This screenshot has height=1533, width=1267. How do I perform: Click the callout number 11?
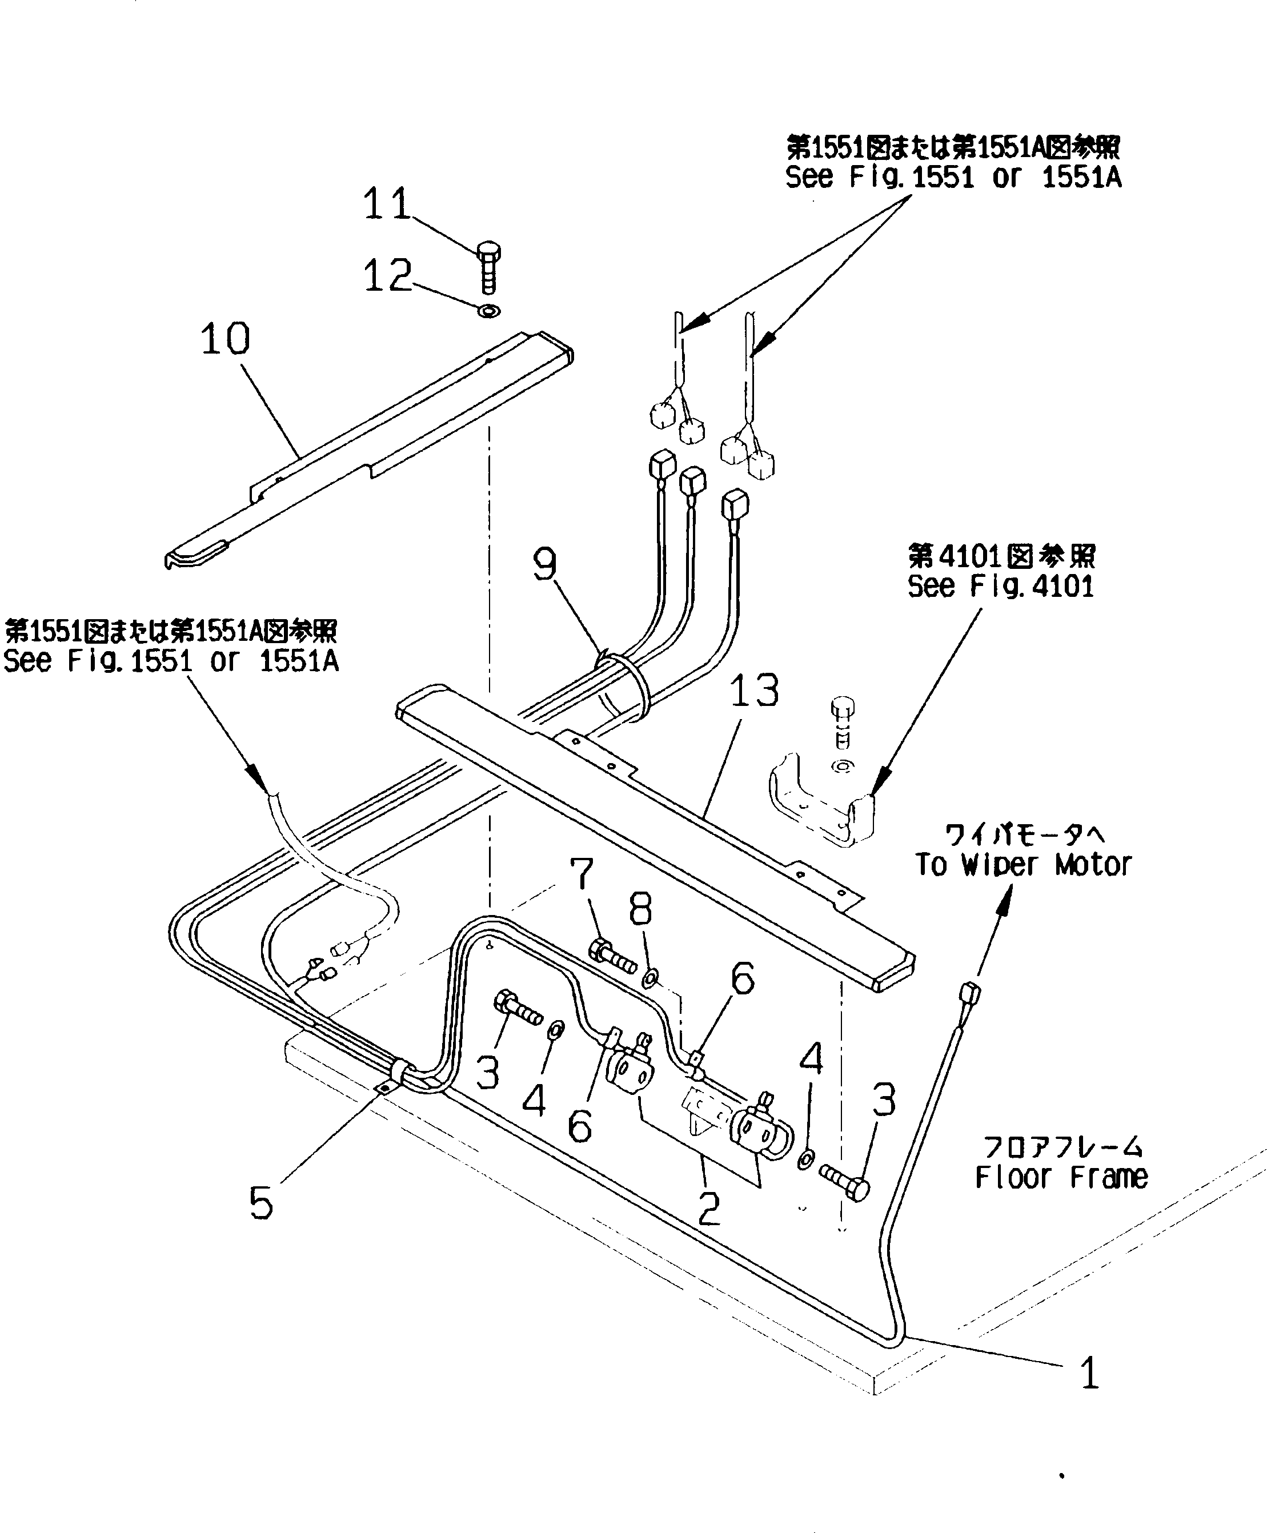[x=387, y=204]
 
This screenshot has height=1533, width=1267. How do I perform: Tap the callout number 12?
[x=387, y=276]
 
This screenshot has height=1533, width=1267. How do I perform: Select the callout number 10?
[x=226, y=339]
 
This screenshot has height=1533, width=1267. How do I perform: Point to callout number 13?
[x=754, y=691]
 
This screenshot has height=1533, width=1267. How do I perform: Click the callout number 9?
[x=545, y=564]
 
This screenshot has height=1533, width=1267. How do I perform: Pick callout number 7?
[x=582, y=873]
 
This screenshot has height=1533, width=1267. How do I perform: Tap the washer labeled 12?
[x=489, y=311]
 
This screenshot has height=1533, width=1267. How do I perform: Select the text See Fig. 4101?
[x=1001, y=586]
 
